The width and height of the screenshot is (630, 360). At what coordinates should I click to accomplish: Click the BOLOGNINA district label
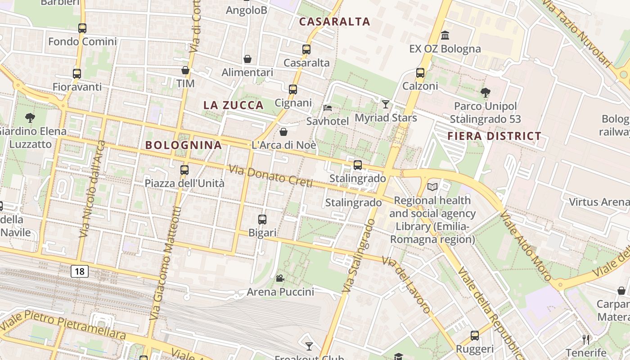point(184,145)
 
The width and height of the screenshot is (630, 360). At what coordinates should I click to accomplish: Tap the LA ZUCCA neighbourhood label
point(234,105)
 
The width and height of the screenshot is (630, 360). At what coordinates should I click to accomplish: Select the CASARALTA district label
point(334,22)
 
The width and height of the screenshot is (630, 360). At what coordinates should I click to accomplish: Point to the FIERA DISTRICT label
point(494,136)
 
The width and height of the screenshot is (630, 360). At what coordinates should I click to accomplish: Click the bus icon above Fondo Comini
point(82,28)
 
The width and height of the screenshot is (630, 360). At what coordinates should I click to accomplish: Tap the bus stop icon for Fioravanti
point(77,74)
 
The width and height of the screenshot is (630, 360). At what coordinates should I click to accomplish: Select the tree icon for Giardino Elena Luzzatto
point(30,118)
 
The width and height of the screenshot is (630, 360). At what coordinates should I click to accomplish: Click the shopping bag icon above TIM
point(185,70)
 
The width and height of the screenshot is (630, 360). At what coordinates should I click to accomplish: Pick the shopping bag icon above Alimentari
point(247,59)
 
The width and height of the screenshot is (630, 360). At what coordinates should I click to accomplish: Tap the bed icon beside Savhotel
point(328,108)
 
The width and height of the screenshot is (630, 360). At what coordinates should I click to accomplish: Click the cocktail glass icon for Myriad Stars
point(386,104)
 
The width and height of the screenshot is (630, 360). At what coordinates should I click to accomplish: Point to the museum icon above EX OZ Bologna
point(445,35)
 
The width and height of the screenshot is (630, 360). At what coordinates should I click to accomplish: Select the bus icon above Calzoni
point(420,72)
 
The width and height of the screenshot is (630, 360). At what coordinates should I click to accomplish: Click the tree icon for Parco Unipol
point(485,93)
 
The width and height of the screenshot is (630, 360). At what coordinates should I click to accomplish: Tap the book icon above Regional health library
point(432,187)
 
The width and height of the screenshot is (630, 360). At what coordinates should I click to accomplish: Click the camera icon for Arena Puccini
point(280,278)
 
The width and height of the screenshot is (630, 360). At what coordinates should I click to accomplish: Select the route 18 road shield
point(80,271)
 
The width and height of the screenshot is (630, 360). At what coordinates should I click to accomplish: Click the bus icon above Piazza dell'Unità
point(184,170)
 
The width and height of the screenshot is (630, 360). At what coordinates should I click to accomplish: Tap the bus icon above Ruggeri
point(475,336)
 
